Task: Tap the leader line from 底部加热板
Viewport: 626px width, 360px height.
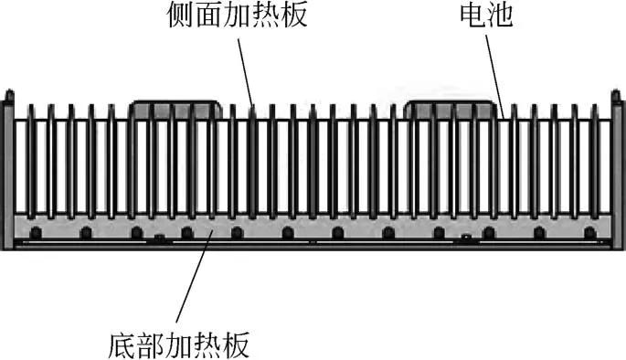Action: [x=194, y=283]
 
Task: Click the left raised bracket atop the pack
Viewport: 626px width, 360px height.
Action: [x=175, y=109]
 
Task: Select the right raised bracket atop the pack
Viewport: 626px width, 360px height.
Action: [x=451, y=109]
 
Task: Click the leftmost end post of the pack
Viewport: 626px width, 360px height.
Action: [x=8, y=164]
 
